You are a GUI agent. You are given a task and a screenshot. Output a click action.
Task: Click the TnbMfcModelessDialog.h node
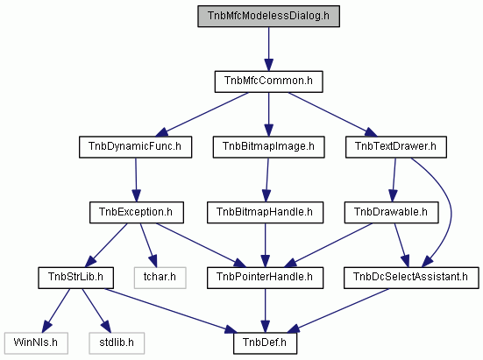pyautogui.click(x=268, y=16)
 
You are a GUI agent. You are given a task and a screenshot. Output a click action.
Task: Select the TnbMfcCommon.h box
pyautogui.click(x=268, y=81)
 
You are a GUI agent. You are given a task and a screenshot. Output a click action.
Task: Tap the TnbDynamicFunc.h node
pyautogui.click(x=135, y=147)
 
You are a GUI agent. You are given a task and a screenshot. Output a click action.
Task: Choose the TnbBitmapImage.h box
pyautogui.click(x=268, y=147)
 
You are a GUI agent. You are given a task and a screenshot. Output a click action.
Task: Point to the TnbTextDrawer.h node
pyautogui.click(x=396, y=147)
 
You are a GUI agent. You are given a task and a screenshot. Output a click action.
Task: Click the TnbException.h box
pyautogui.click(x=137, y=212)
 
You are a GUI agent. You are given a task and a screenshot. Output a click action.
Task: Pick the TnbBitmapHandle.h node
pyautogui.click(x=265, y=212)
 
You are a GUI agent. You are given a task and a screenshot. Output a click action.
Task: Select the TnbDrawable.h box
pyautogui.click(x=391, y=212)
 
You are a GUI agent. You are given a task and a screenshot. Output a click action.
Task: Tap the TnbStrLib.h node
pyautogui.click(x=75, y=278)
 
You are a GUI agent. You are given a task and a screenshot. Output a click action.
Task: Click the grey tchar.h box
pyautogui.click(x=160, y=278)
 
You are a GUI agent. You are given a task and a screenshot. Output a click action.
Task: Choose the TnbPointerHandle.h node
pyautogui.click(x=265, y=278)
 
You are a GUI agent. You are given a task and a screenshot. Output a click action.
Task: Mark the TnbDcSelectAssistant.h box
pyautogui.click(x=411, y=278)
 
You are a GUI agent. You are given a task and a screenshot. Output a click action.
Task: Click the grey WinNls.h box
pyautogui.click(x=36, y=343)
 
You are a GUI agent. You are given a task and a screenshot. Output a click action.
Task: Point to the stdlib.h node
pyautogui.click(x=117, y=343)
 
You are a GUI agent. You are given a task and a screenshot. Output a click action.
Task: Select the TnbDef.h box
pyautogui.click(x=265, y=343)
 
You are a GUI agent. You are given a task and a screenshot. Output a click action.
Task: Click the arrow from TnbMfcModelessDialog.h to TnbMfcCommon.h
pyautogui.click(x=268, y=49)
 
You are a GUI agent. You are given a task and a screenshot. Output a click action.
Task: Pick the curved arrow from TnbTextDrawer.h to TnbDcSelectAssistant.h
pyautogui.click(x=451, y=212)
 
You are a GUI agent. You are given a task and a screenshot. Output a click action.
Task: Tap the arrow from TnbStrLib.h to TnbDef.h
pyautogui.click(x=171, y=311)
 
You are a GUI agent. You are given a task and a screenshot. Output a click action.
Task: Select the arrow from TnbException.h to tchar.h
pyautogui.click(x=149, y=245)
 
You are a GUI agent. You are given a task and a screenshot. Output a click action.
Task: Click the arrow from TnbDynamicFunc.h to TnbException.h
pyautogui.click(x=136, y=180)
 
